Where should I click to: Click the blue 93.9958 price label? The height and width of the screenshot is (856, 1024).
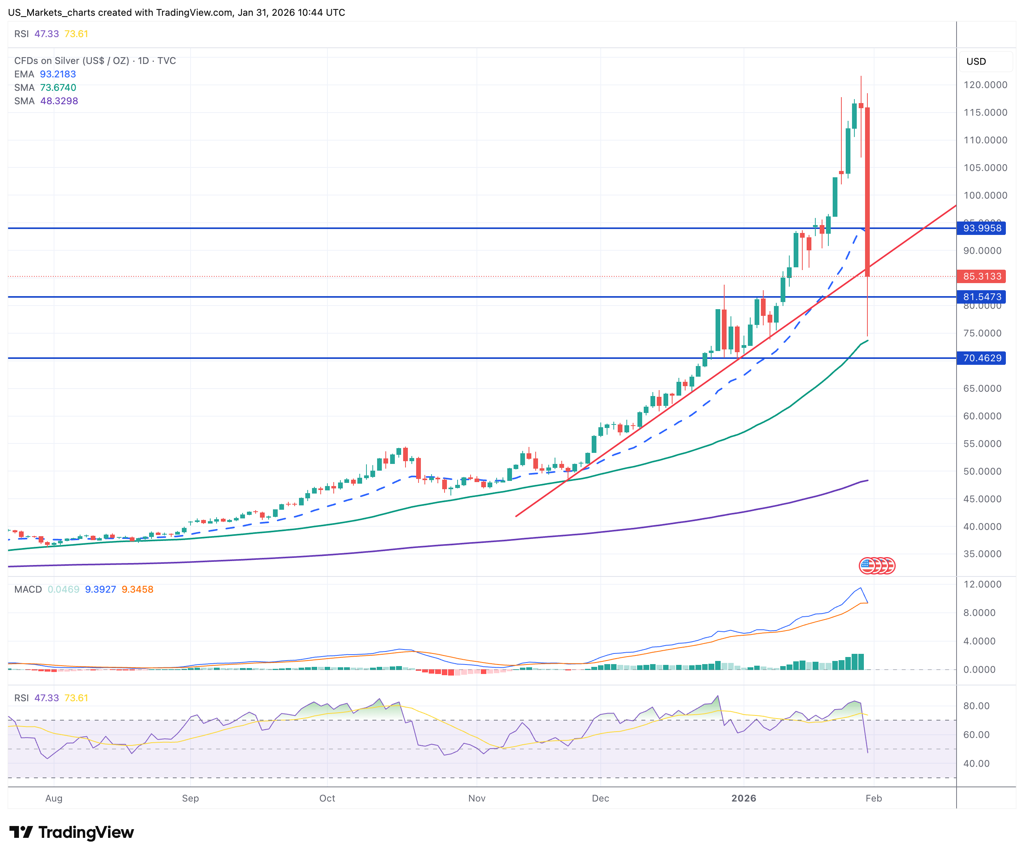coord(981,228)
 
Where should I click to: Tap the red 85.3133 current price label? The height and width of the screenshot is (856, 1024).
coord(981,276)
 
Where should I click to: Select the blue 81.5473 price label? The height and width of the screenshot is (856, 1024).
coord(981,297)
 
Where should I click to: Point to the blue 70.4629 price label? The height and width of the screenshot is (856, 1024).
coord(981,358)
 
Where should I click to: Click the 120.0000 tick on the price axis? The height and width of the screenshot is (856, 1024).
coord(985,85)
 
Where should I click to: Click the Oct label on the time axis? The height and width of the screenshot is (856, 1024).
coord(327,798)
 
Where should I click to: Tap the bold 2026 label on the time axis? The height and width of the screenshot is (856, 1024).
coord(744,798)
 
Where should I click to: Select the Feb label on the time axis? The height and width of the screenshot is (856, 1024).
coord(873,798)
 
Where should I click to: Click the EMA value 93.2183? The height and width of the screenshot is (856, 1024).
coord(58,74)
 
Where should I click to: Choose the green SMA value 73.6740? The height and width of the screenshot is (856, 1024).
coord(58,88)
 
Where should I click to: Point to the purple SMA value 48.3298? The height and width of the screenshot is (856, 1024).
coord(58,101)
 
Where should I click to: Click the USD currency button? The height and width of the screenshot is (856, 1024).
coord(976,62)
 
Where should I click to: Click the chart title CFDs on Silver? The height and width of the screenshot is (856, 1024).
coord(71,60)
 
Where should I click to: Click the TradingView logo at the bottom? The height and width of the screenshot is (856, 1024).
coord(71,832)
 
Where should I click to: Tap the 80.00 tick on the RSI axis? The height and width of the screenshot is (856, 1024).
coord(976,706)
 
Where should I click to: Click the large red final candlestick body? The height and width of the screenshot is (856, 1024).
coord(867,190)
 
